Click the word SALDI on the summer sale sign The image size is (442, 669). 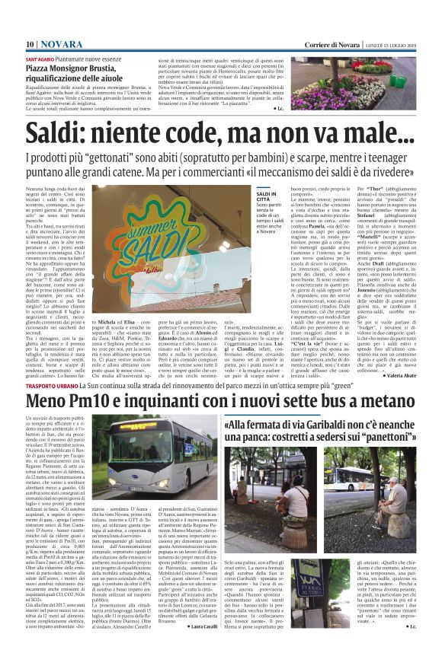143,228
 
